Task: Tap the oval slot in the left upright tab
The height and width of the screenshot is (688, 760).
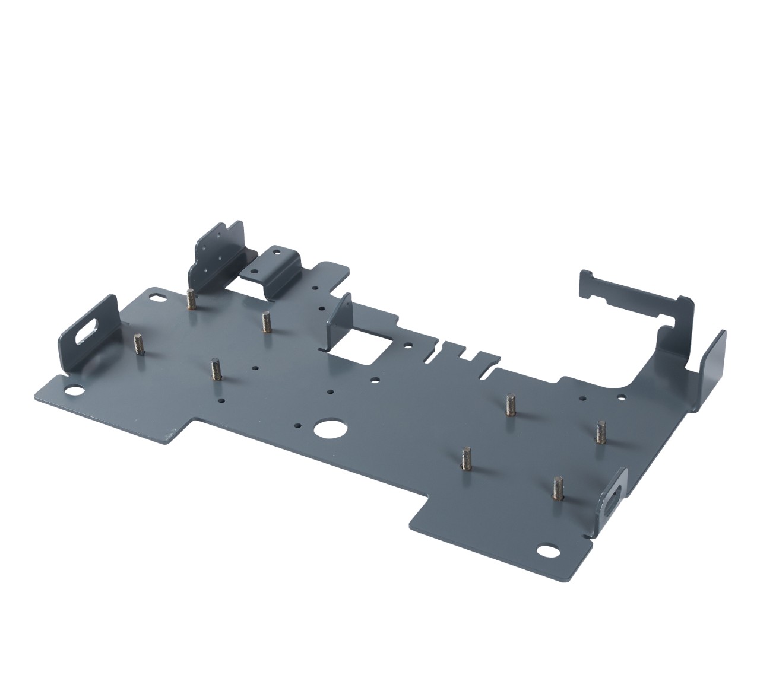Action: pyautogui.click(x=87, y=330)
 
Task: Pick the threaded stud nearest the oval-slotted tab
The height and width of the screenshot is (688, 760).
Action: pyautogui.click(x=140, y=345)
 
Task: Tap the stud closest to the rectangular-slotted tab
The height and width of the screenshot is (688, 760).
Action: pyautogui.click(x=558, y=488)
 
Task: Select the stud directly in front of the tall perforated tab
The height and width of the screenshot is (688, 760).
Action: pyautogui.click(x=191, y=299)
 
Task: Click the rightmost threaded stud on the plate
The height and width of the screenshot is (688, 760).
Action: pyautogui.click(x=600, y=432)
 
